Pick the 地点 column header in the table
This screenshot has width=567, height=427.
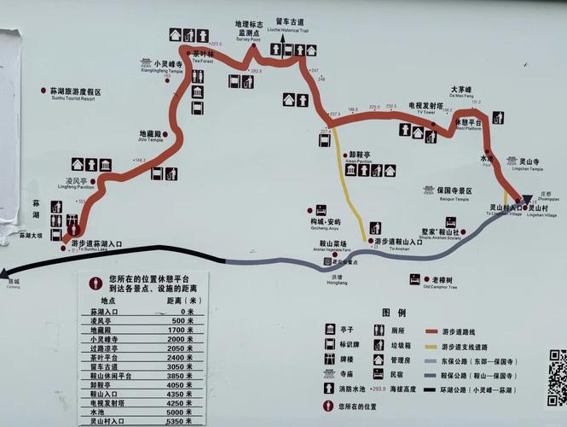click(x=107, y=301)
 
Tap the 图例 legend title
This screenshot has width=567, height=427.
click(x=394, y=313)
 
